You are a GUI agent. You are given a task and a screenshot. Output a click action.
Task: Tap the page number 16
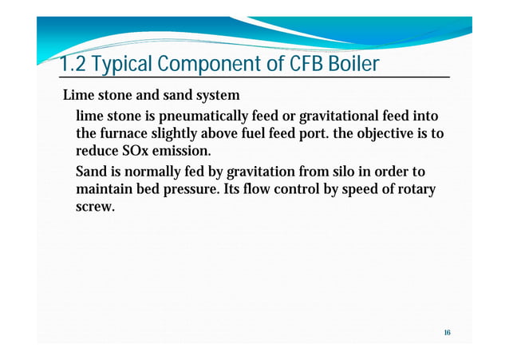point(447,331)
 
